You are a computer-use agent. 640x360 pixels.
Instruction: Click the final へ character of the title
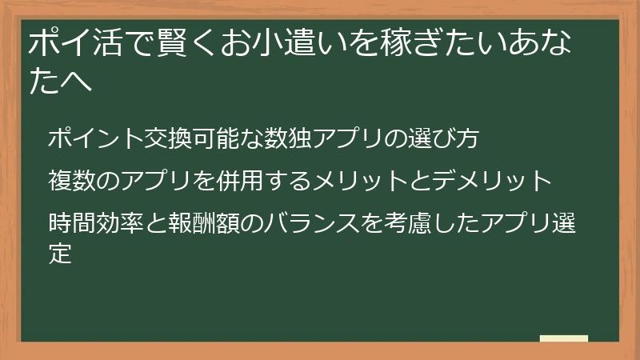click(78, 82)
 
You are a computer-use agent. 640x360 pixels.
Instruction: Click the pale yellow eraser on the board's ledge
click(563, 339)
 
